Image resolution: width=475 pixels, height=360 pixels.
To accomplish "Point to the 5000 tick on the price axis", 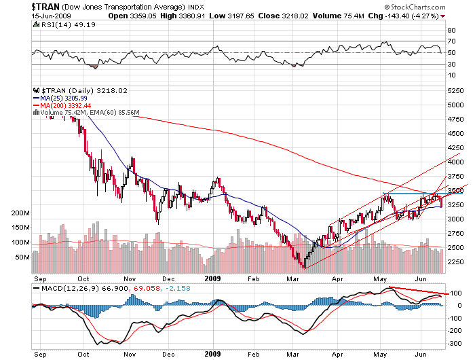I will [455, 105].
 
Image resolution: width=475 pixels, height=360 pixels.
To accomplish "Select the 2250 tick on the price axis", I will [455, 262].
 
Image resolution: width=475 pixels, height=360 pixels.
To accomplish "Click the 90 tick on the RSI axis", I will [451, 31].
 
